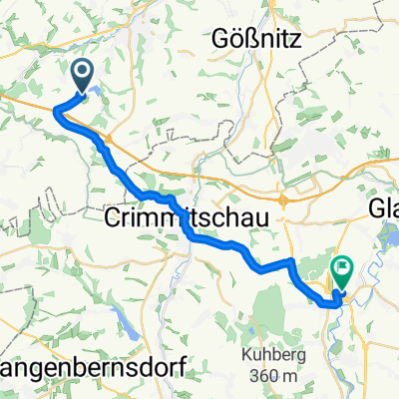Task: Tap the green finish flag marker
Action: click(x=343, y=267)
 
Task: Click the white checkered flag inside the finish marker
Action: click(x=343, y=266)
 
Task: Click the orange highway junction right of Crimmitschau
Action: click(x=283, y=199)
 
